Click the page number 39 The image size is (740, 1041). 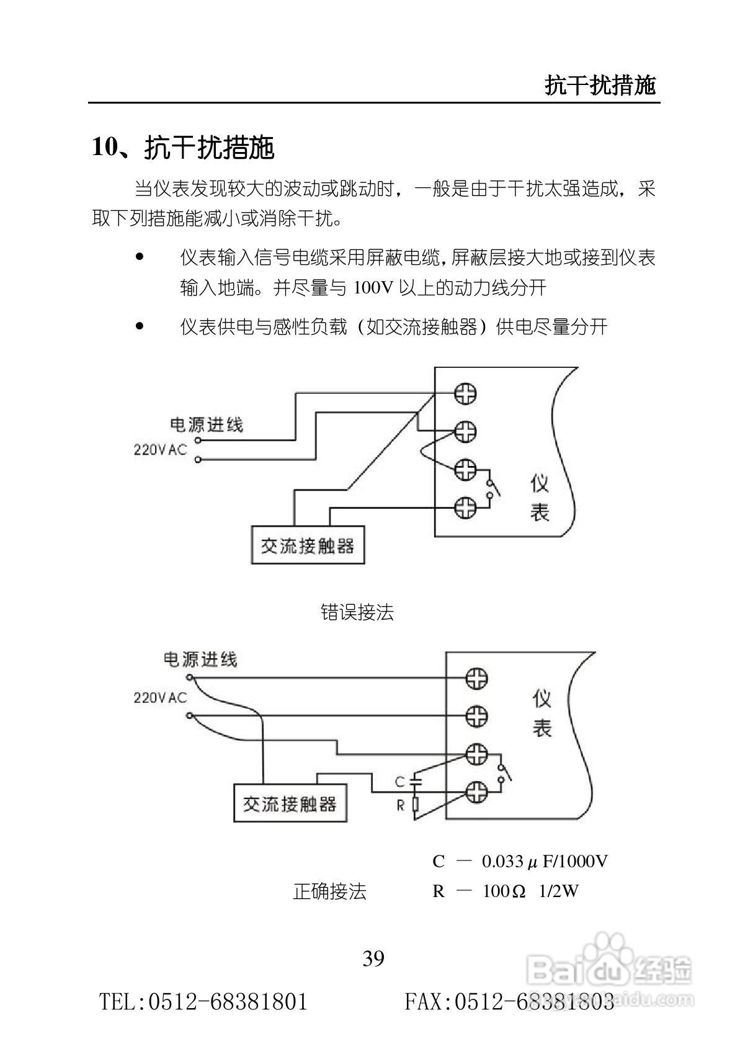[373, 958]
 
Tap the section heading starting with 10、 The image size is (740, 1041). [183, 148]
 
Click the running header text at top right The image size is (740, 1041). [600, 85]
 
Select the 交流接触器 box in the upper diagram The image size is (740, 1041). [308, 545]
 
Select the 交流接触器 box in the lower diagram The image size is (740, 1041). [290, 804]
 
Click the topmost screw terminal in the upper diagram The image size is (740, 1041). [465, 393]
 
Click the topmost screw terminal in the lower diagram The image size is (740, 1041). [476, 678]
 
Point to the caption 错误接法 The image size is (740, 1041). [357, 613]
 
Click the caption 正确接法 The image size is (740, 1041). [329, 891]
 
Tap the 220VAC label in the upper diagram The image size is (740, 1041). [160, 449]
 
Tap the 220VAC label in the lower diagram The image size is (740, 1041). [160, 698]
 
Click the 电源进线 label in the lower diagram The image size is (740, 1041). [200, 659]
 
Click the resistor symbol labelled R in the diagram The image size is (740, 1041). [415, 805]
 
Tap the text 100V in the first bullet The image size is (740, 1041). [373, 288]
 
